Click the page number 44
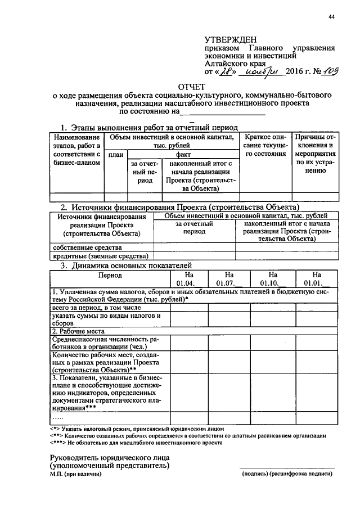[x=332, y=17]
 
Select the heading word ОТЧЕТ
[x=193, y=87]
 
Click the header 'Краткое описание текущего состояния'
[x=266, y=145]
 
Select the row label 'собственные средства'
[x=87, y=247]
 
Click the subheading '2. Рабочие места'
[x=78, y=331]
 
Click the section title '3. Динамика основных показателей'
[x=127, y=265]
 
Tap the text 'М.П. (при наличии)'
[x=76, y=474]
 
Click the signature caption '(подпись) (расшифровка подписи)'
[x=287, y=474]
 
